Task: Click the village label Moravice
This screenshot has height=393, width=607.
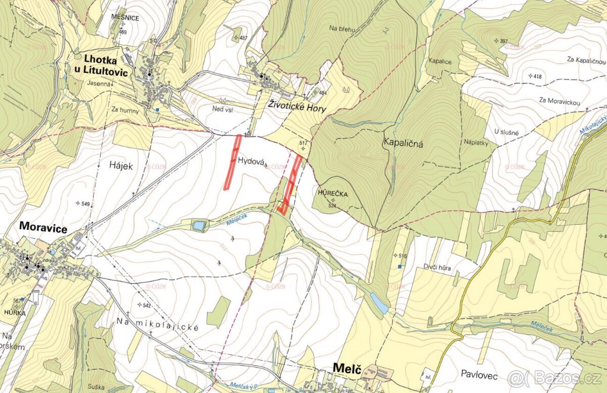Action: [x=44, y=228]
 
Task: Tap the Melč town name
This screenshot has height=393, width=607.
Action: [x=346, y=369]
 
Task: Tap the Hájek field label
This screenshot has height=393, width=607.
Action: [x=120, y=165]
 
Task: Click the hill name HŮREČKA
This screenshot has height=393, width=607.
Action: [x=330, y=193]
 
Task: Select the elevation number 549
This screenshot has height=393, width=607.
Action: [x=85, y=204]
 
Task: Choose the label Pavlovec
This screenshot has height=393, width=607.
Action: [x=479, y=376]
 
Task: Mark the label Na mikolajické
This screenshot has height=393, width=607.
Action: [x=158, y=324]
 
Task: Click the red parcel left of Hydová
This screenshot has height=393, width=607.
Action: [x=233, y=162]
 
